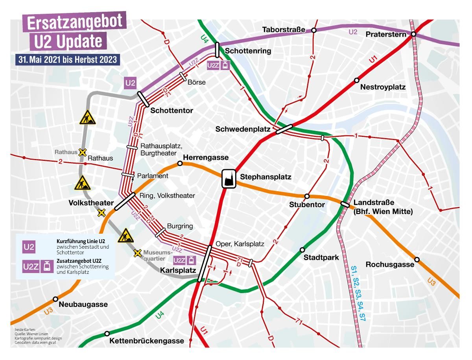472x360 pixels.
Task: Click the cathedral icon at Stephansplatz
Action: point(229,179)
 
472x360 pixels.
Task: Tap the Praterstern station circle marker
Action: point(414,35)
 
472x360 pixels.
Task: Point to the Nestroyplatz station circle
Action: point(356,80)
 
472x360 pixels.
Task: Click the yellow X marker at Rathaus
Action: point(82,152)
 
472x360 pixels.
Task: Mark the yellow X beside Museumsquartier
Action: point(137,253)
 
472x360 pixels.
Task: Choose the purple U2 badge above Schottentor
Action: point(131,83)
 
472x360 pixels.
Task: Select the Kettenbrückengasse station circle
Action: point(107,334)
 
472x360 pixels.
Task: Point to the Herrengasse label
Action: point(206,157)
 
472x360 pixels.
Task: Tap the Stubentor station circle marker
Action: point(307,196)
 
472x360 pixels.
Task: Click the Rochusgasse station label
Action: point(390,264)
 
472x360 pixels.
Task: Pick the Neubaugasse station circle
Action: point(55,299)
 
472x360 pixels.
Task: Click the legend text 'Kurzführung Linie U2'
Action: point(81,240)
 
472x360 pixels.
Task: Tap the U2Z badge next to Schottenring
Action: point(213,65)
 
